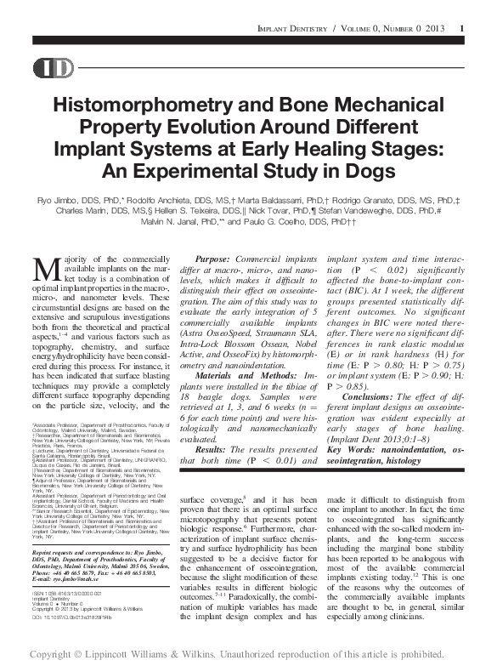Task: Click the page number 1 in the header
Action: click(x=460, y=30)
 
